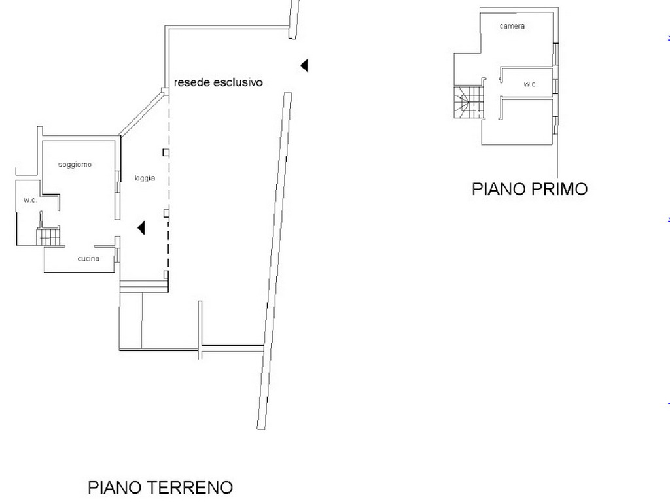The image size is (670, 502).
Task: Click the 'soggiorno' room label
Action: [x=75, y=165]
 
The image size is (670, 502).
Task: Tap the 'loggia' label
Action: [x=145, y=178]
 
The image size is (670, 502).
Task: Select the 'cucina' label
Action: [x=88, y=259]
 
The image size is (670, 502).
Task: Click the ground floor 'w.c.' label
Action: [x=30, y=200]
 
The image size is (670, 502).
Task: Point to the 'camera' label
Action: [x=512, y=26]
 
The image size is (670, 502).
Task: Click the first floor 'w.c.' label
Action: [x=530, y=84]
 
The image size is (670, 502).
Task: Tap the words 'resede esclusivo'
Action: [x=218, y=82]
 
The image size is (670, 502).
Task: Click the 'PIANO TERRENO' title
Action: [x=160, y=487]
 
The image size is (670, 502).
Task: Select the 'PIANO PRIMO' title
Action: [x=529, y=189]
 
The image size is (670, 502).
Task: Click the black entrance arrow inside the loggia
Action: [x=141, y=228]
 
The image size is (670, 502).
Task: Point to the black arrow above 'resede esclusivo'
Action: [x=304, y=66]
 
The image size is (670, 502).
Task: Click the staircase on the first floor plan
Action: [x=468, y=102]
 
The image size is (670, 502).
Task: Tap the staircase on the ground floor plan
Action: [x=48, y=237]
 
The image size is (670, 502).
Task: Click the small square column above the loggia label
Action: [x=166, y=152]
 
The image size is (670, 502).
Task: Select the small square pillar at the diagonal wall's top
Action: [x=164, y=91]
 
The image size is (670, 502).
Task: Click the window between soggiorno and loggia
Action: [x=118, y=195]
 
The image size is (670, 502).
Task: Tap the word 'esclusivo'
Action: [x=238, y=82]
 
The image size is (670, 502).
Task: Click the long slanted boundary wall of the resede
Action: [x=274, y=261]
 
